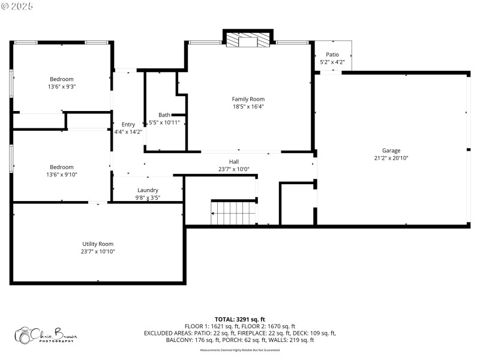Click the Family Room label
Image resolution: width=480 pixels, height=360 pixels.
(248, 99)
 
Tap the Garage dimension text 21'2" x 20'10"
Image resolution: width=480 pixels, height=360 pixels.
(391, 158)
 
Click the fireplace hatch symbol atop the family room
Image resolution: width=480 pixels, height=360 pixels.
(232, 40)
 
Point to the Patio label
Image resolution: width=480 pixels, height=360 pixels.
(332, 55)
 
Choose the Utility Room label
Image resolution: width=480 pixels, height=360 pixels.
(98, 244)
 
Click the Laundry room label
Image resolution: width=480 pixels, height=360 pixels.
(148, 190)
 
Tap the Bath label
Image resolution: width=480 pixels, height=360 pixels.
(164, 115)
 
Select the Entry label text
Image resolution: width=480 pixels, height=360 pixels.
(128, 124)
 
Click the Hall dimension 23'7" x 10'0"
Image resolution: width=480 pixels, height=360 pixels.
(233, 169)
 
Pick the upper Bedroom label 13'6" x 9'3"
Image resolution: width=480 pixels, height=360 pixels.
(62, 79)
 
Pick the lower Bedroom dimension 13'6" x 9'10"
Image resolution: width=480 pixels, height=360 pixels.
(62, 175)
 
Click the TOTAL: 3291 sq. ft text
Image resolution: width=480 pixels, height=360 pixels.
(239, 319)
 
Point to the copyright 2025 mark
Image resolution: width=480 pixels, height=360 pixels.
(17, 5)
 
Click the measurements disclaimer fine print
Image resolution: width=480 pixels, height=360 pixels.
(239, 350)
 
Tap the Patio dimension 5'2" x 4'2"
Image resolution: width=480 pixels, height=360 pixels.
(332, 62)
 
